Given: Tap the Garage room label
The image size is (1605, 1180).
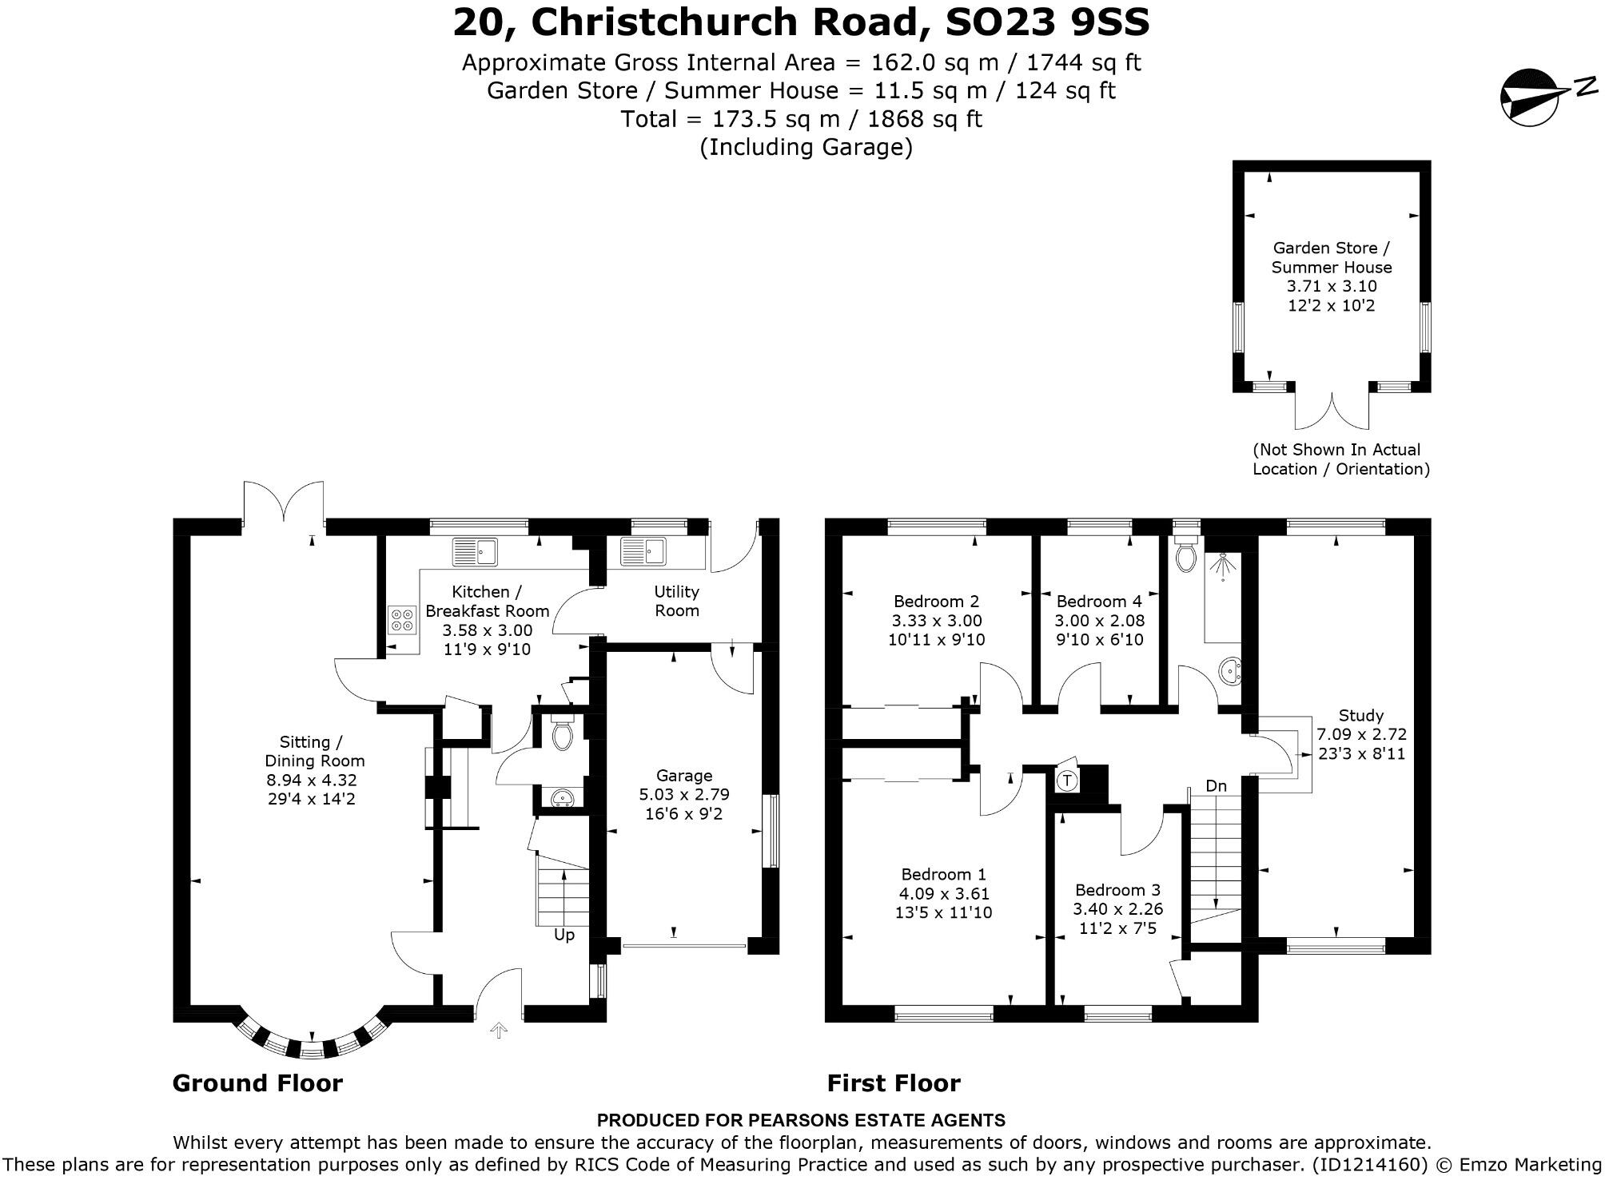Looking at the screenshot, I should pyautogui.click(x=683, y=776).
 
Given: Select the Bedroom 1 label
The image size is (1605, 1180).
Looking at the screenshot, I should pyautogui.click(x=943, y=875).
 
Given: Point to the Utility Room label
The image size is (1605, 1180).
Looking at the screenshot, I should pyautogui.click(x=676, y=601).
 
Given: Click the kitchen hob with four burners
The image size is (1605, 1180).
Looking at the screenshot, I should pyautogui.click(x=402, y=620).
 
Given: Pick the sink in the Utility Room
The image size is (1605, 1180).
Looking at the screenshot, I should pyautogui.click(x=644, y=551).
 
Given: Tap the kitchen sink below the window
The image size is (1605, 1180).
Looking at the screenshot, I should pyautogui.click(x=475, y=551).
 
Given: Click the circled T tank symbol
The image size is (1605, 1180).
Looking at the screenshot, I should pyautogui.click(x=1067, y=781).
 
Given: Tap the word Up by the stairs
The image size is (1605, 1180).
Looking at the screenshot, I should pyautogui.click(x=564, y=935).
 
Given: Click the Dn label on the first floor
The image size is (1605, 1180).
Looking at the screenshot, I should pyautogui.click(x=1216, y=786).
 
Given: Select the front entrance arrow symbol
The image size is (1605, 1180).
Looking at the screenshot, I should pyautogui.click(x=499, y=1031).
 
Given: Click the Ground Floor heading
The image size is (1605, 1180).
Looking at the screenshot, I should pyautogui.click(x=257, y=1083).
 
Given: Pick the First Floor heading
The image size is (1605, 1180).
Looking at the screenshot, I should pyautogui.click(x=893, y=1083).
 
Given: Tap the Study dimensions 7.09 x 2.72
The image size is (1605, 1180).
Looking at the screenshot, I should pyautogui.click(x=1361, y=734).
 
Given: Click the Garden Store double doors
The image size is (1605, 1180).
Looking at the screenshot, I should pyautogui.click(x=1332, y=411).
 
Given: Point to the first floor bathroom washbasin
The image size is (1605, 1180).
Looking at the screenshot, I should pyautogui.click(x=1231, y=671).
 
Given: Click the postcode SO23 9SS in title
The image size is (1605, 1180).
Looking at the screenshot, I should pyautogui.click(x=1047, y=22).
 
